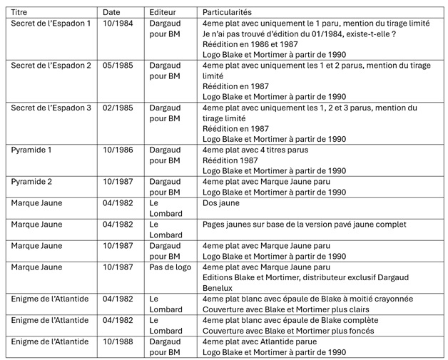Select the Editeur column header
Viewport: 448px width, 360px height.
pos(163,12)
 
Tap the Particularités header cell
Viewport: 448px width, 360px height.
pos(227,12)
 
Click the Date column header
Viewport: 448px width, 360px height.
pos(111,12)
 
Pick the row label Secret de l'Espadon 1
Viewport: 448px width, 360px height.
pos(51,24)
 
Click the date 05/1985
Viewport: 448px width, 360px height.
pos(117,65)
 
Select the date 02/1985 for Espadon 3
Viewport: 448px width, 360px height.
pos(117,108)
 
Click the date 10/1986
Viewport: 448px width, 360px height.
pos(117,150)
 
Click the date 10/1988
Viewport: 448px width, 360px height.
pos(117,341)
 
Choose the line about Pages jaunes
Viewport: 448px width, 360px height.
pos(304,225)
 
